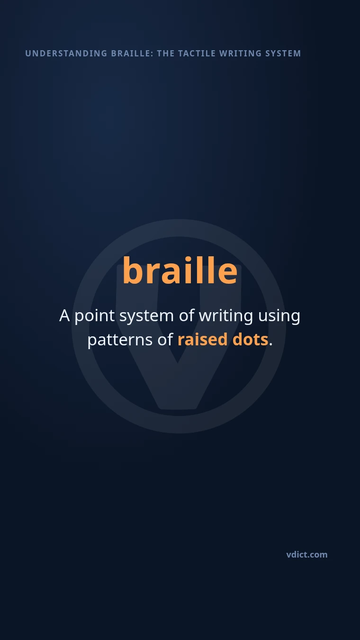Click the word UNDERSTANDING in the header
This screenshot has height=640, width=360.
(x=66, y=54)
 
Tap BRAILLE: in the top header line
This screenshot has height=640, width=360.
(x=132, y=54)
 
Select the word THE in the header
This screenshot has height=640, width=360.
(x=166, y=54)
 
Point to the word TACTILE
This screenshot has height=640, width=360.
(x=197, y=54)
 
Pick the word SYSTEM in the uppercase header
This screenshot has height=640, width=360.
(x=283, y=54)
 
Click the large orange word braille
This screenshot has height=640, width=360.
(x=180, y=270)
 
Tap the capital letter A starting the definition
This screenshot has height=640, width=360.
(x=64, y=315)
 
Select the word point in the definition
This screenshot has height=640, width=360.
(x=95, y=316)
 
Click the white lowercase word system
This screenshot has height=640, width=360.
(x=146, y=317)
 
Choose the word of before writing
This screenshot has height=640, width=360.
(x=187, y=315)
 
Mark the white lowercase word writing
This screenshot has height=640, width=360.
(x=226, y=316)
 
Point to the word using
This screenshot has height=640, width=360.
(x=279, y=316)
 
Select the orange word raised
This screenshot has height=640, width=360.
(x=203, y=339)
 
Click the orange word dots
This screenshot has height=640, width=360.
(x=250, y=339)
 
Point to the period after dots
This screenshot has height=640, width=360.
(x=270, y=344)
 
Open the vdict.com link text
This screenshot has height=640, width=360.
(x=307, y=555)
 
